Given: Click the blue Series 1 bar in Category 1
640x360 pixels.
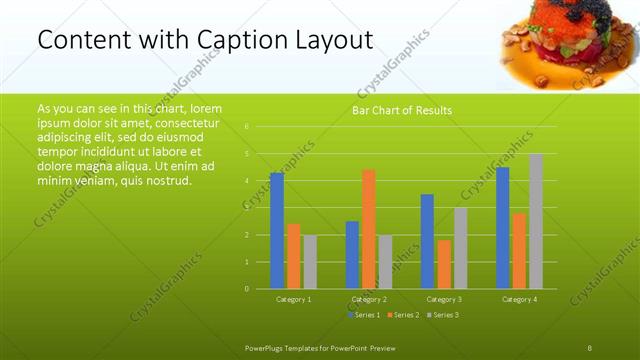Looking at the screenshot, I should [277, 231].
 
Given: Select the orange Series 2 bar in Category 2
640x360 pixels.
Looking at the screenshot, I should [369, 229].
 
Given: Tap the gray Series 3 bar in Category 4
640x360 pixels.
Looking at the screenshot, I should [536, 221].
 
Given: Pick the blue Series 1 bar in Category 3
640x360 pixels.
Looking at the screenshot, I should [427, 241].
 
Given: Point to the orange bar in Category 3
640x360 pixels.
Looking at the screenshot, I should [444, 264].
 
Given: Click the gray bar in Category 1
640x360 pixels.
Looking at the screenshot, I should [310, 262].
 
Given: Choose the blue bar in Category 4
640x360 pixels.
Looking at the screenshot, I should [502, 228].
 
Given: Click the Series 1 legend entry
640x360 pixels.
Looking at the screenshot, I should [364, 315].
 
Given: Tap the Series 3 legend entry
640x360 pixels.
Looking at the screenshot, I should [442, 315].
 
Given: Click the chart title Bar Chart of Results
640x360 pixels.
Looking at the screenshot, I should [402, 110].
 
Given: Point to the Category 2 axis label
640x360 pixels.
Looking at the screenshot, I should [369, 299].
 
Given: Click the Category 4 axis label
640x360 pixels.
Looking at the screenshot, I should [519, 299].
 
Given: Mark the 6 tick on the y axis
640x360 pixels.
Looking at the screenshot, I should [247, 127].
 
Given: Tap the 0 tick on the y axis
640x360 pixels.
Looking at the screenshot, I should [247, 289].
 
